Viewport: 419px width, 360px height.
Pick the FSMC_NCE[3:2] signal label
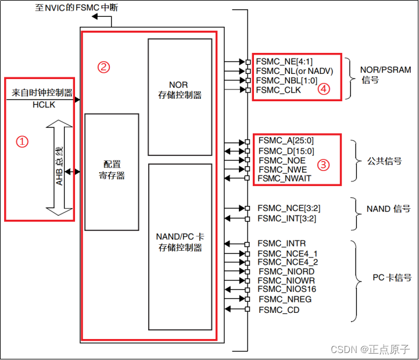(x=288, y=208)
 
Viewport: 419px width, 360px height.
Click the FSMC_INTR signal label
(x=282, y=243)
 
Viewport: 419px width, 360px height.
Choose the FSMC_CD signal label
(x=279, y=310)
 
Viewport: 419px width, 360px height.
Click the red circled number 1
(x=22, y=142)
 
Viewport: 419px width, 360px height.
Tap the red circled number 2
(x=103, y=67)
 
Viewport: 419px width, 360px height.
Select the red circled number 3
(x=324, y=165)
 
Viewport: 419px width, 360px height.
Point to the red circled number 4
(x=324, y=90)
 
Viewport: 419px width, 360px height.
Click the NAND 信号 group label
(x=388, y=209)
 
